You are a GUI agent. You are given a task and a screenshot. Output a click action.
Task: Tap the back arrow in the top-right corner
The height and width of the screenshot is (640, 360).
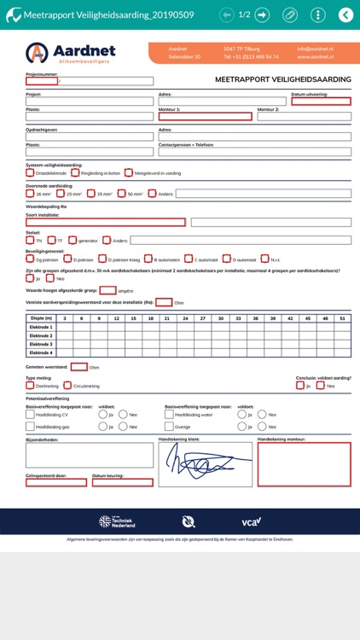click(x=345, y=15)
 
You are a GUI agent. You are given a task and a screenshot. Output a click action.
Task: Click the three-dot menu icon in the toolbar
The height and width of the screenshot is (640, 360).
click(x=317, y=15)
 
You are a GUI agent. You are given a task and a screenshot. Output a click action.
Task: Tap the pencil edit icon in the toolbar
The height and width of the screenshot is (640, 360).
click(x=290, y=15)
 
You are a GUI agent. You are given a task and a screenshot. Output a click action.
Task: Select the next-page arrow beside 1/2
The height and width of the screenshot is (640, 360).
click(x=262, y=15)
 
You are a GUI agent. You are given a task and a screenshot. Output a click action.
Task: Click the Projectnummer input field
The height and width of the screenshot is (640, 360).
click(x=42, y=81)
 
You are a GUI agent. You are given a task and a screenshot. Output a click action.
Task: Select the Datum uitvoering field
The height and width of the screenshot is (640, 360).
click(x=321, y=102)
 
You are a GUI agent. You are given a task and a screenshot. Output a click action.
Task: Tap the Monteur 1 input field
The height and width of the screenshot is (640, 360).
click(x=205, y=117)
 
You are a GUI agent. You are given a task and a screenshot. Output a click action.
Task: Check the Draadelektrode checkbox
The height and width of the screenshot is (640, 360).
click(x=30, y=172)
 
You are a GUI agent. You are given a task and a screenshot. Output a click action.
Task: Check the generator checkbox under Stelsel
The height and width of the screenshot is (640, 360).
click(x=73, y=241)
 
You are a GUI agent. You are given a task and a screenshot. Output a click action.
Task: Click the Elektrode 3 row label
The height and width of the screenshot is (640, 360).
click(x=42, y=344)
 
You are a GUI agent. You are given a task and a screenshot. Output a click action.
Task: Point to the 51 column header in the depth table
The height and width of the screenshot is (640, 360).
click(x=341, y=318)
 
